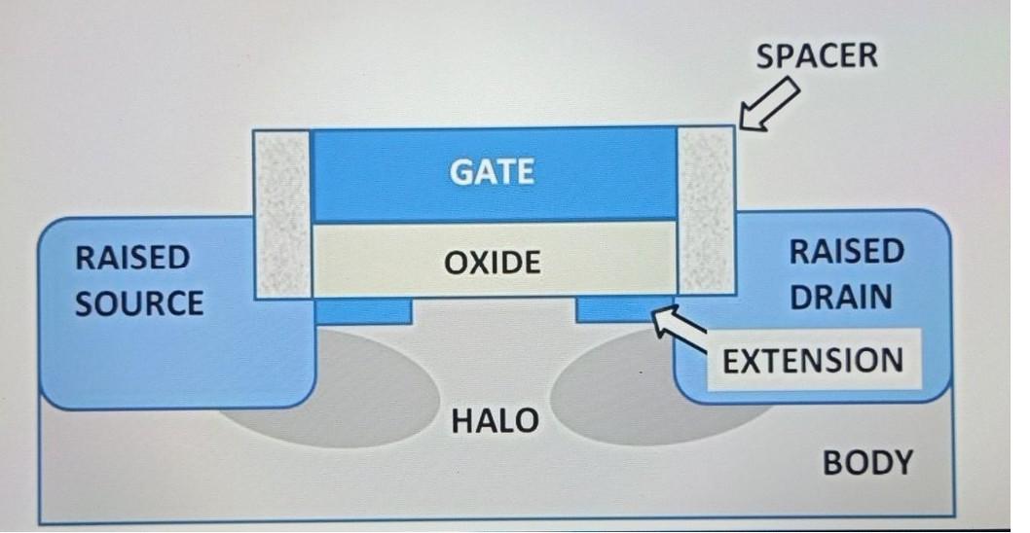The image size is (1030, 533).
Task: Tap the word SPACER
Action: (817, 55)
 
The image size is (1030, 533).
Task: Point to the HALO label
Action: (495, 421)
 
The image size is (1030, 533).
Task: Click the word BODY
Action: (867, 463)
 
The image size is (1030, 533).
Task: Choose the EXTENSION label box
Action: (812, 361)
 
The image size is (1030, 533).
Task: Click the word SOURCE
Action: (139, 302)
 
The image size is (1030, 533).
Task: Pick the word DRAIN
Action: (840, 297)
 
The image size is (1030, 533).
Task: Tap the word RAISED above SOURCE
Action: (131, 258)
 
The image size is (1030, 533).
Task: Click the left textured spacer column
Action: (281, 212)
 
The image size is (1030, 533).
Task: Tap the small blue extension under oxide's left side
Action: (363, 311)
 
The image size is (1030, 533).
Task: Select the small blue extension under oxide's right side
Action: (613, 310)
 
